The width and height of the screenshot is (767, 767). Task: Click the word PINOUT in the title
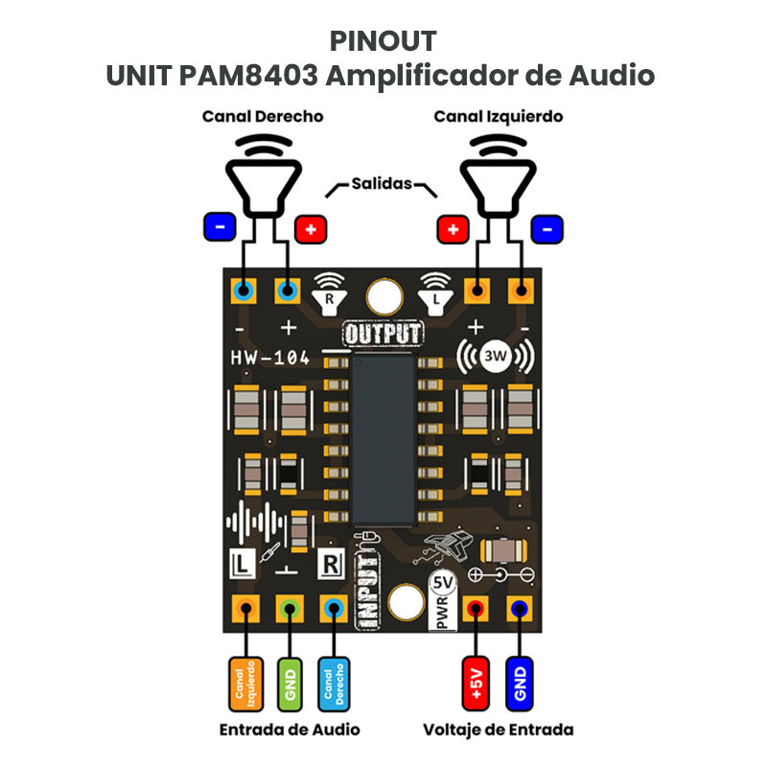(x=383, y=41)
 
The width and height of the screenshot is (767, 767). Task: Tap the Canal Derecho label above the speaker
(x=262, y=116)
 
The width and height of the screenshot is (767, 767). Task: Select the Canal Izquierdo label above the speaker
(x=498, y=116)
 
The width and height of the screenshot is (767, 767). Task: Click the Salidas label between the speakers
(x=382, y=183)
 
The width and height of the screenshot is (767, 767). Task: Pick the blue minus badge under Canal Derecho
(x=220, y=227)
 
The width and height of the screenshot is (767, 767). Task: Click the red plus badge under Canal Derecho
(x=311, y=229)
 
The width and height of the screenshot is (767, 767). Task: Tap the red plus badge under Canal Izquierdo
(x=453, y=229)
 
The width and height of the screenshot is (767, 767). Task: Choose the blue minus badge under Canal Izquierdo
(x=547, y=228)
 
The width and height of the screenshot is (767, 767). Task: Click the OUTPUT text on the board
(x=383, y=334)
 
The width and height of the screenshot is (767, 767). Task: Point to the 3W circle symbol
(x=496, y=357)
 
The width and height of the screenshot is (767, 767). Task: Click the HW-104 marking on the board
(x=270, y=359)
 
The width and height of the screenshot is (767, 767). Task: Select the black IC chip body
(x=383, y=441)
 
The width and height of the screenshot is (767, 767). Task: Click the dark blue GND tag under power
(x=521, y=682)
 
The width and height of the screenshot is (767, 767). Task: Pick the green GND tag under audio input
(x=290, y=682)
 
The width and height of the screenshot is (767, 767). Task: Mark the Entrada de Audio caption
(x=290, y=730)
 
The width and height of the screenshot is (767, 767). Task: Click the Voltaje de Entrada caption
(x=498, y=730)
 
